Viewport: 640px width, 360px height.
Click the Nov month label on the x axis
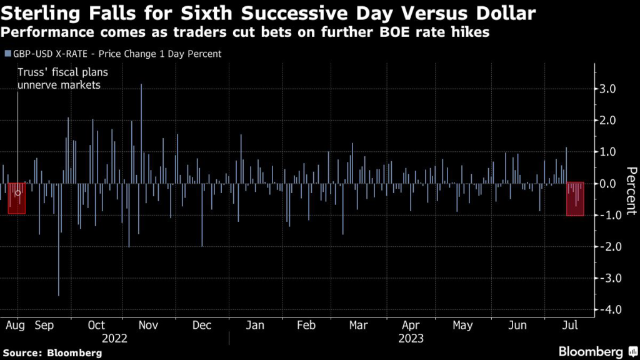pos(147,326)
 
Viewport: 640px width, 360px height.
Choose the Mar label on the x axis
pos(358,326)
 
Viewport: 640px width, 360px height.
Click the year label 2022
pos(114,339)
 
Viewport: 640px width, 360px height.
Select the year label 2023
pos(410,339)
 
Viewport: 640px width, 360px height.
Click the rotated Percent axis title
pos(631,191)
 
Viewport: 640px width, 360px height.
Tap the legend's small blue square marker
pos(7,54)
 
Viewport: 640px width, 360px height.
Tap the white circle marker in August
pos(17,193)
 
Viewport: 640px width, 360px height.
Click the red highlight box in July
pos(575,199)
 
